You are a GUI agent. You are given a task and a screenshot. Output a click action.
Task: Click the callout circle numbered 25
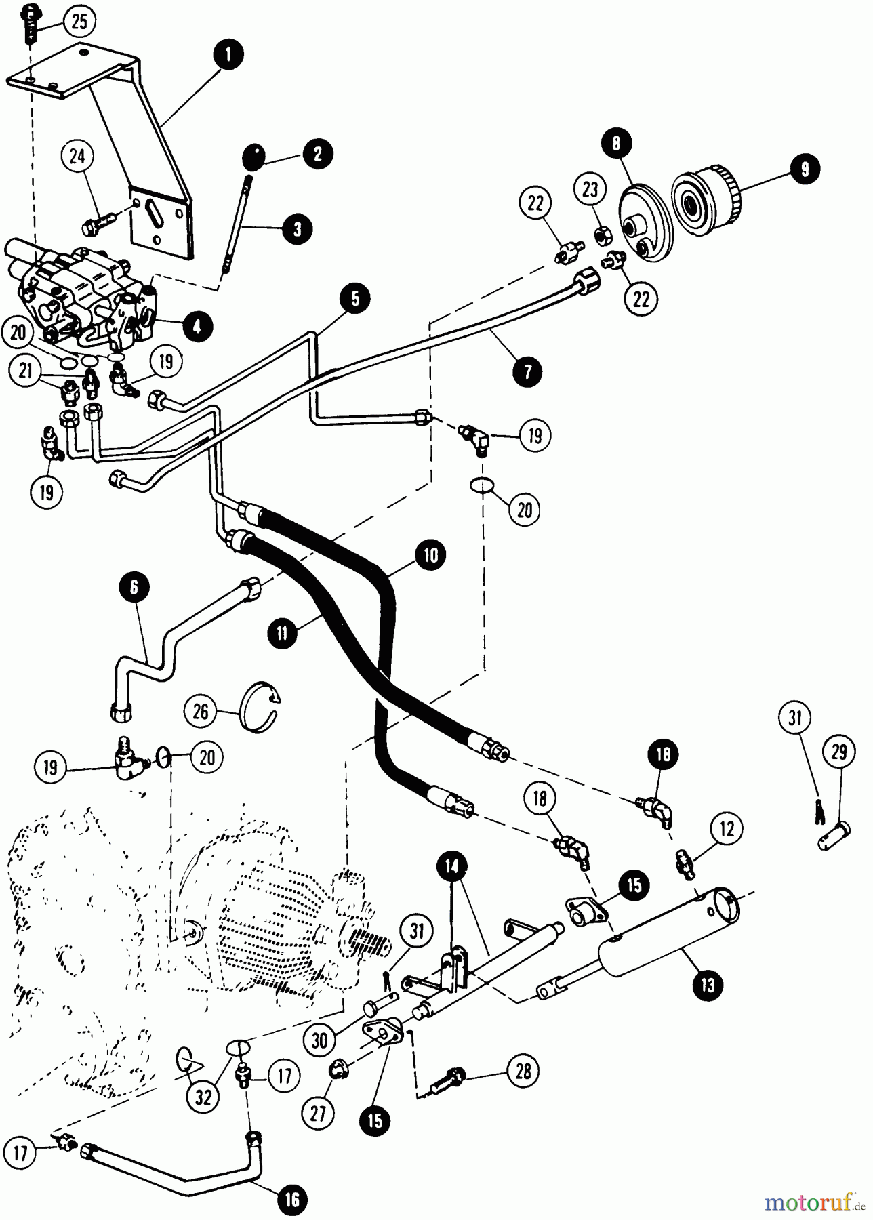click(x=79, y=22)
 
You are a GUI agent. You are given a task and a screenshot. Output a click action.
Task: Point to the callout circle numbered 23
click(x=590, y=190)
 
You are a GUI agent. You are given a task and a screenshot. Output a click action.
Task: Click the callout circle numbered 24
click(x=78, y=157)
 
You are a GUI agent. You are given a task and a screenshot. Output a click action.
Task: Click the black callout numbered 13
click(x=708, y=984)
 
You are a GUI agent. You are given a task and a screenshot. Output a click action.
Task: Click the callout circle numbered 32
click(x=203, y=1098)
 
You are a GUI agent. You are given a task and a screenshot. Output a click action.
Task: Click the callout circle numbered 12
click(x=726, y=829)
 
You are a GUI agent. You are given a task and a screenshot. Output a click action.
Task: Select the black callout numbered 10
click(x=432, y=556)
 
